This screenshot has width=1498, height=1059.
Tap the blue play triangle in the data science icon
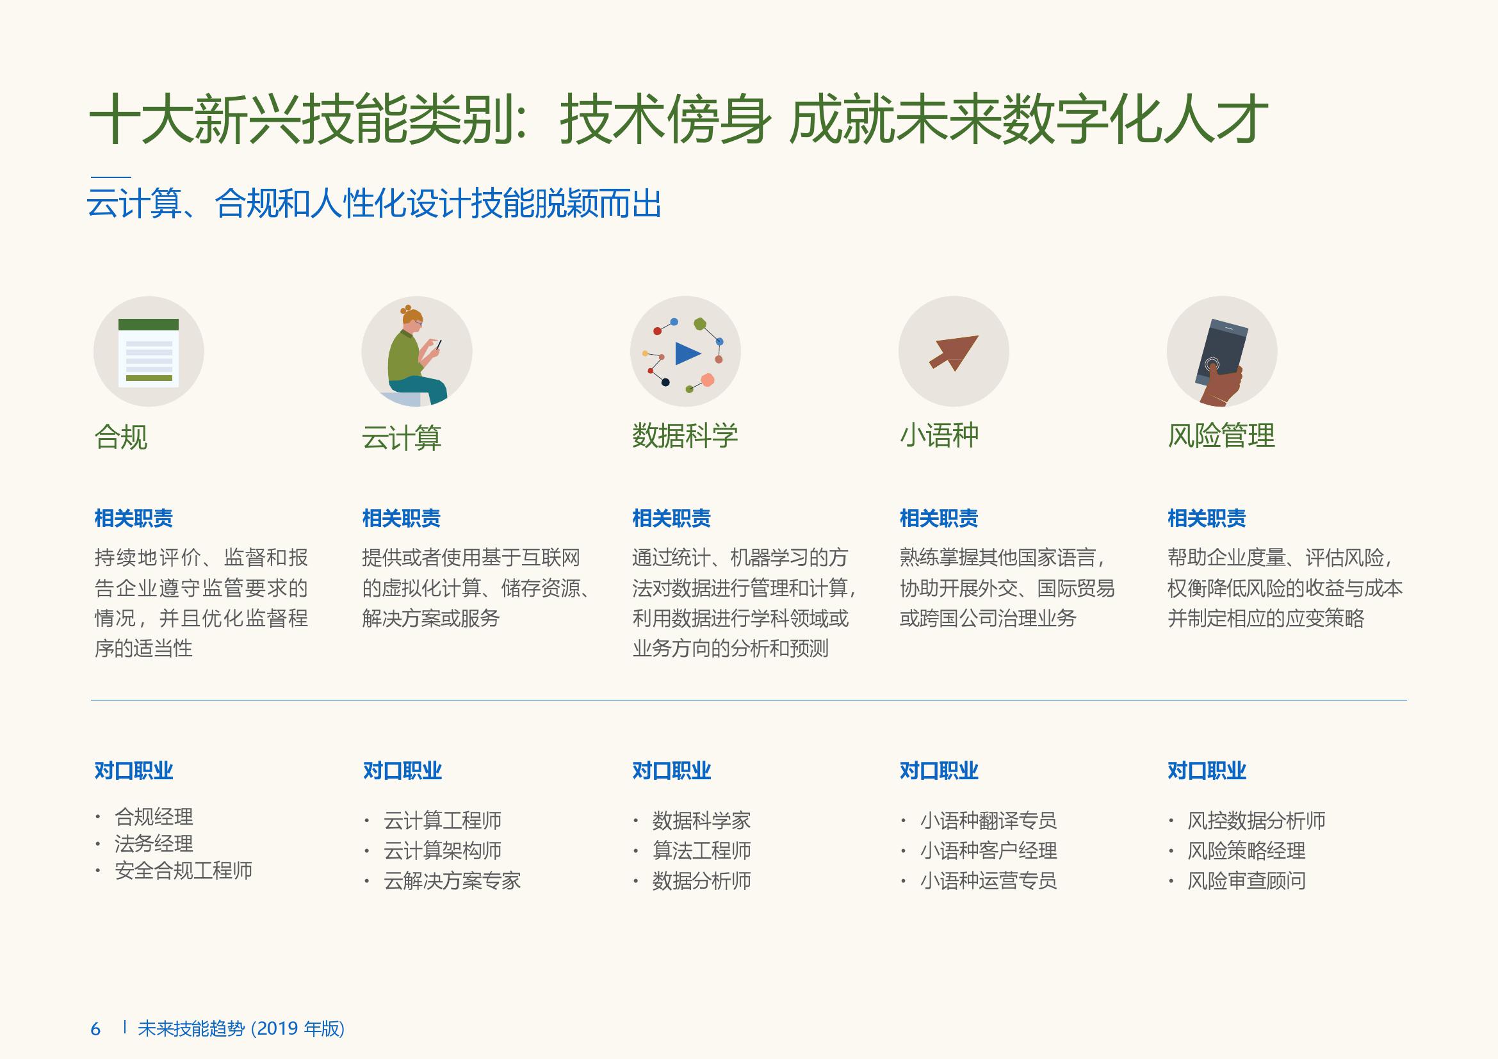(687, 353)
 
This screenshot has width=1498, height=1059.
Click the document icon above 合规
(149, 353)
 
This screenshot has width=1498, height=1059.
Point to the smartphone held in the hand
(1221, 352)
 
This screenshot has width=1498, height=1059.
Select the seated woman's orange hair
(411, 316)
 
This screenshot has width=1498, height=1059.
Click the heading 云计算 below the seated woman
(402, 437)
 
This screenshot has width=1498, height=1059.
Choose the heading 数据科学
(685, 435)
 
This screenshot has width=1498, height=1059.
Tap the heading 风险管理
(1221, 435)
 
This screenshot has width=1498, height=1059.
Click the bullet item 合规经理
(154, 816)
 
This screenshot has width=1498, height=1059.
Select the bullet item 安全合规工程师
(183, 871)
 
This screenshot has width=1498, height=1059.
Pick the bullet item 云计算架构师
(443, 850)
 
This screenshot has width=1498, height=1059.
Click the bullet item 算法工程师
(701, 850)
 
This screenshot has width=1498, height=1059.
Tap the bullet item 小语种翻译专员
(988, 820)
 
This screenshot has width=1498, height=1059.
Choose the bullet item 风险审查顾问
(1246, 881)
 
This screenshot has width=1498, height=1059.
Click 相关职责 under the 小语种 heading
(939, 519)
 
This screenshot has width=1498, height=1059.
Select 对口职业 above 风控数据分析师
(1207, 771)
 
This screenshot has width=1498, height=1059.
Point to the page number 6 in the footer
(96, 1029)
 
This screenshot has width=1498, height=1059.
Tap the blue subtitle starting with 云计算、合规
(374, 204)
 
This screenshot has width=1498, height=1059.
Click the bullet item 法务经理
(154, 844)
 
